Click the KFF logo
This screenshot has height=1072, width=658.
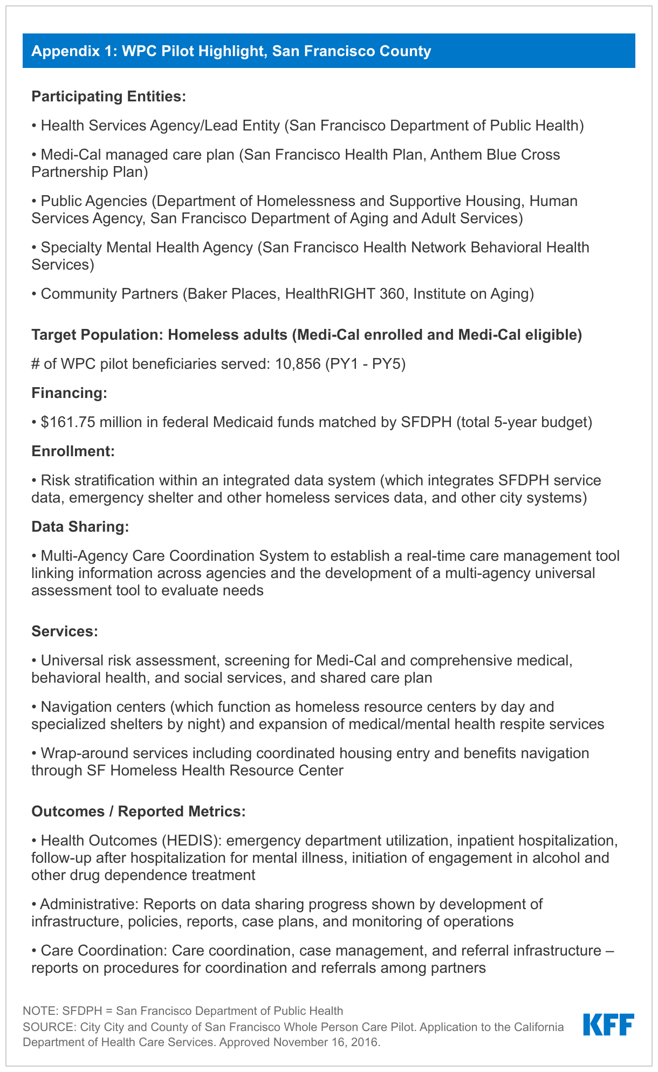[608, 1025]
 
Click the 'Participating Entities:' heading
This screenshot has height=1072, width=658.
[108, 97]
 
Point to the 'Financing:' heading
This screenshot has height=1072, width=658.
[70, 393]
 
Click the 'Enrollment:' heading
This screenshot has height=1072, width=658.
[73, 451]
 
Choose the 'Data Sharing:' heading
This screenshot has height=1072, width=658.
[80, 527]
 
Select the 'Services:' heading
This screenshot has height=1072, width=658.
[65, 631]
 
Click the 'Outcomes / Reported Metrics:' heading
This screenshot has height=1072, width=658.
[139, 812]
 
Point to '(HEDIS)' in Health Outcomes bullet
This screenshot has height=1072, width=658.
[194, 841]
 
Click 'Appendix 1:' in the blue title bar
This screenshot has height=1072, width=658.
[74, 51]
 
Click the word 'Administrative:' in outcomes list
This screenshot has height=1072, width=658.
[90, 904]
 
